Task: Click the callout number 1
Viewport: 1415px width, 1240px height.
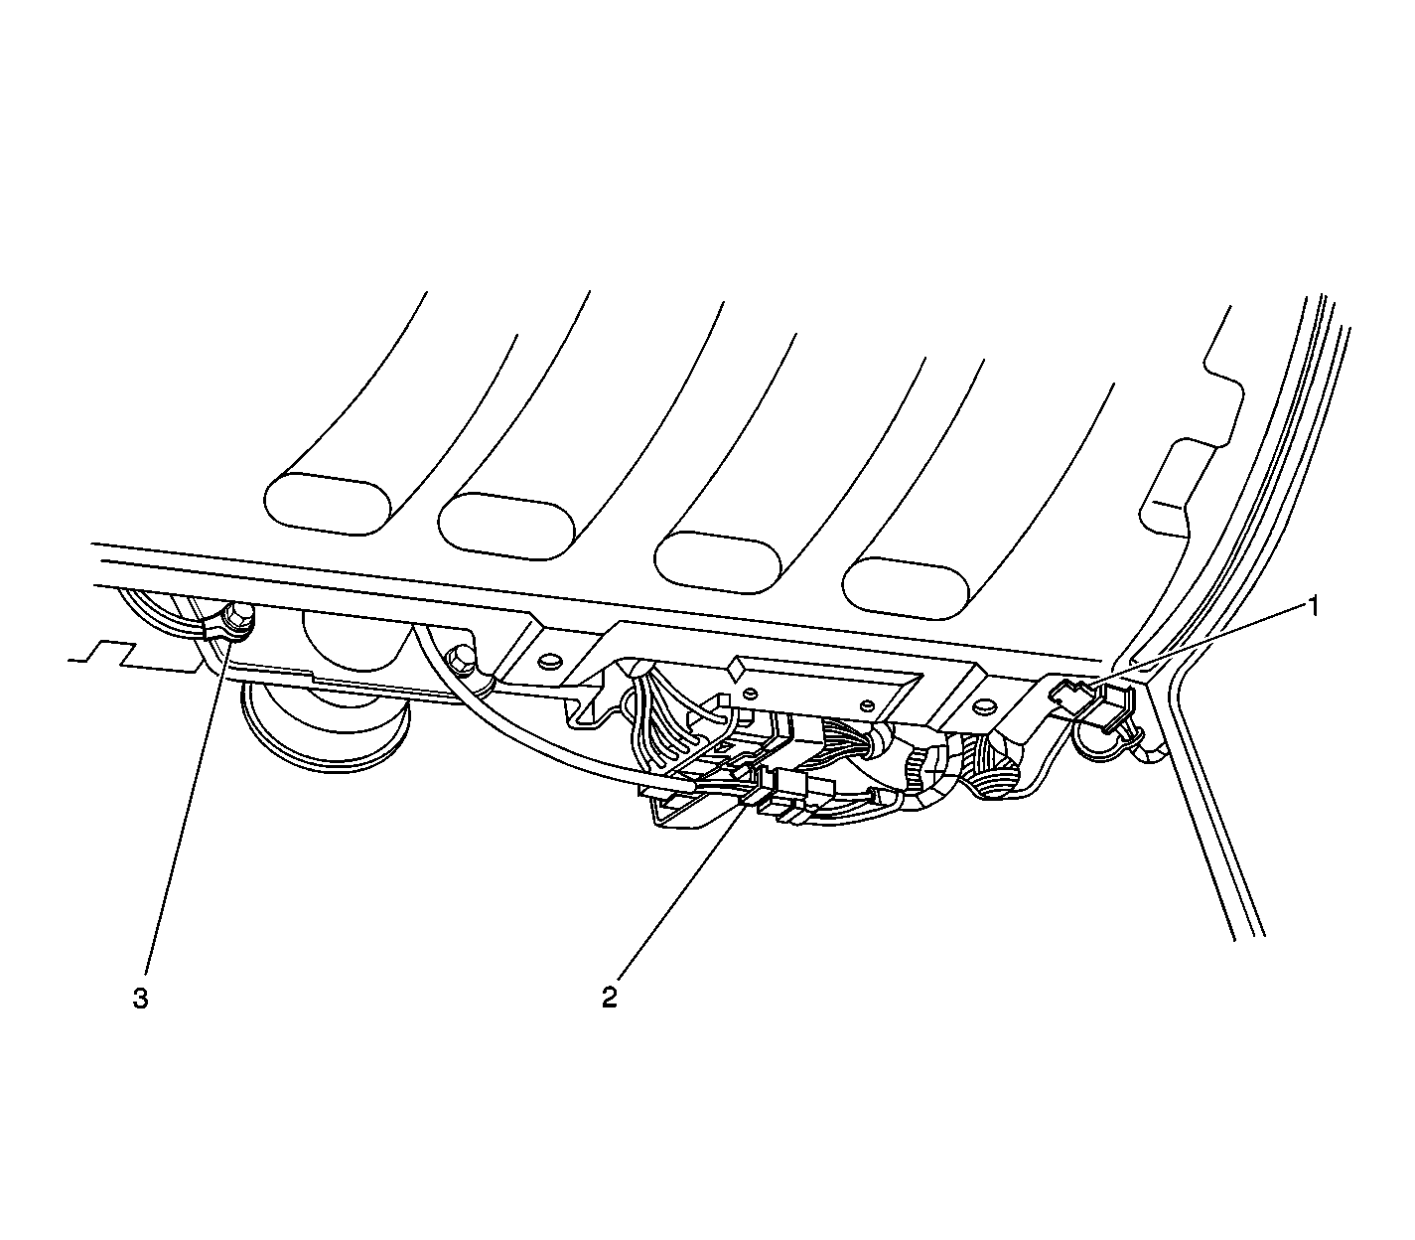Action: tap(1312, 607)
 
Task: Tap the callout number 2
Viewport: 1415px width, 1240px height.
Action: tap(610, 998)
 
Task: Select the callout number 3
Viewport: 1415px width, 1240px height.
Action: tap(140, 999)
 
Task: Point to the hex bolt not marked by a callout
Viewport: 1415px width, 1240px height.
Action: tap(462, 659)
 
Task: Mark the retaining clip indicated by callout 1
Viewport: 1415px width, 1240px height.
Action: tap(1091, 704)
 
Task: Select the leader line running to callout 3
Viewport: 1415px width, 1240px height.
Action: tap(188, 807)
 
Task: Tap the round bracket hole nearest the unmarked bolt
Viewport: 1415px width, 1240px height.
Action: tap(550, 661)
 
